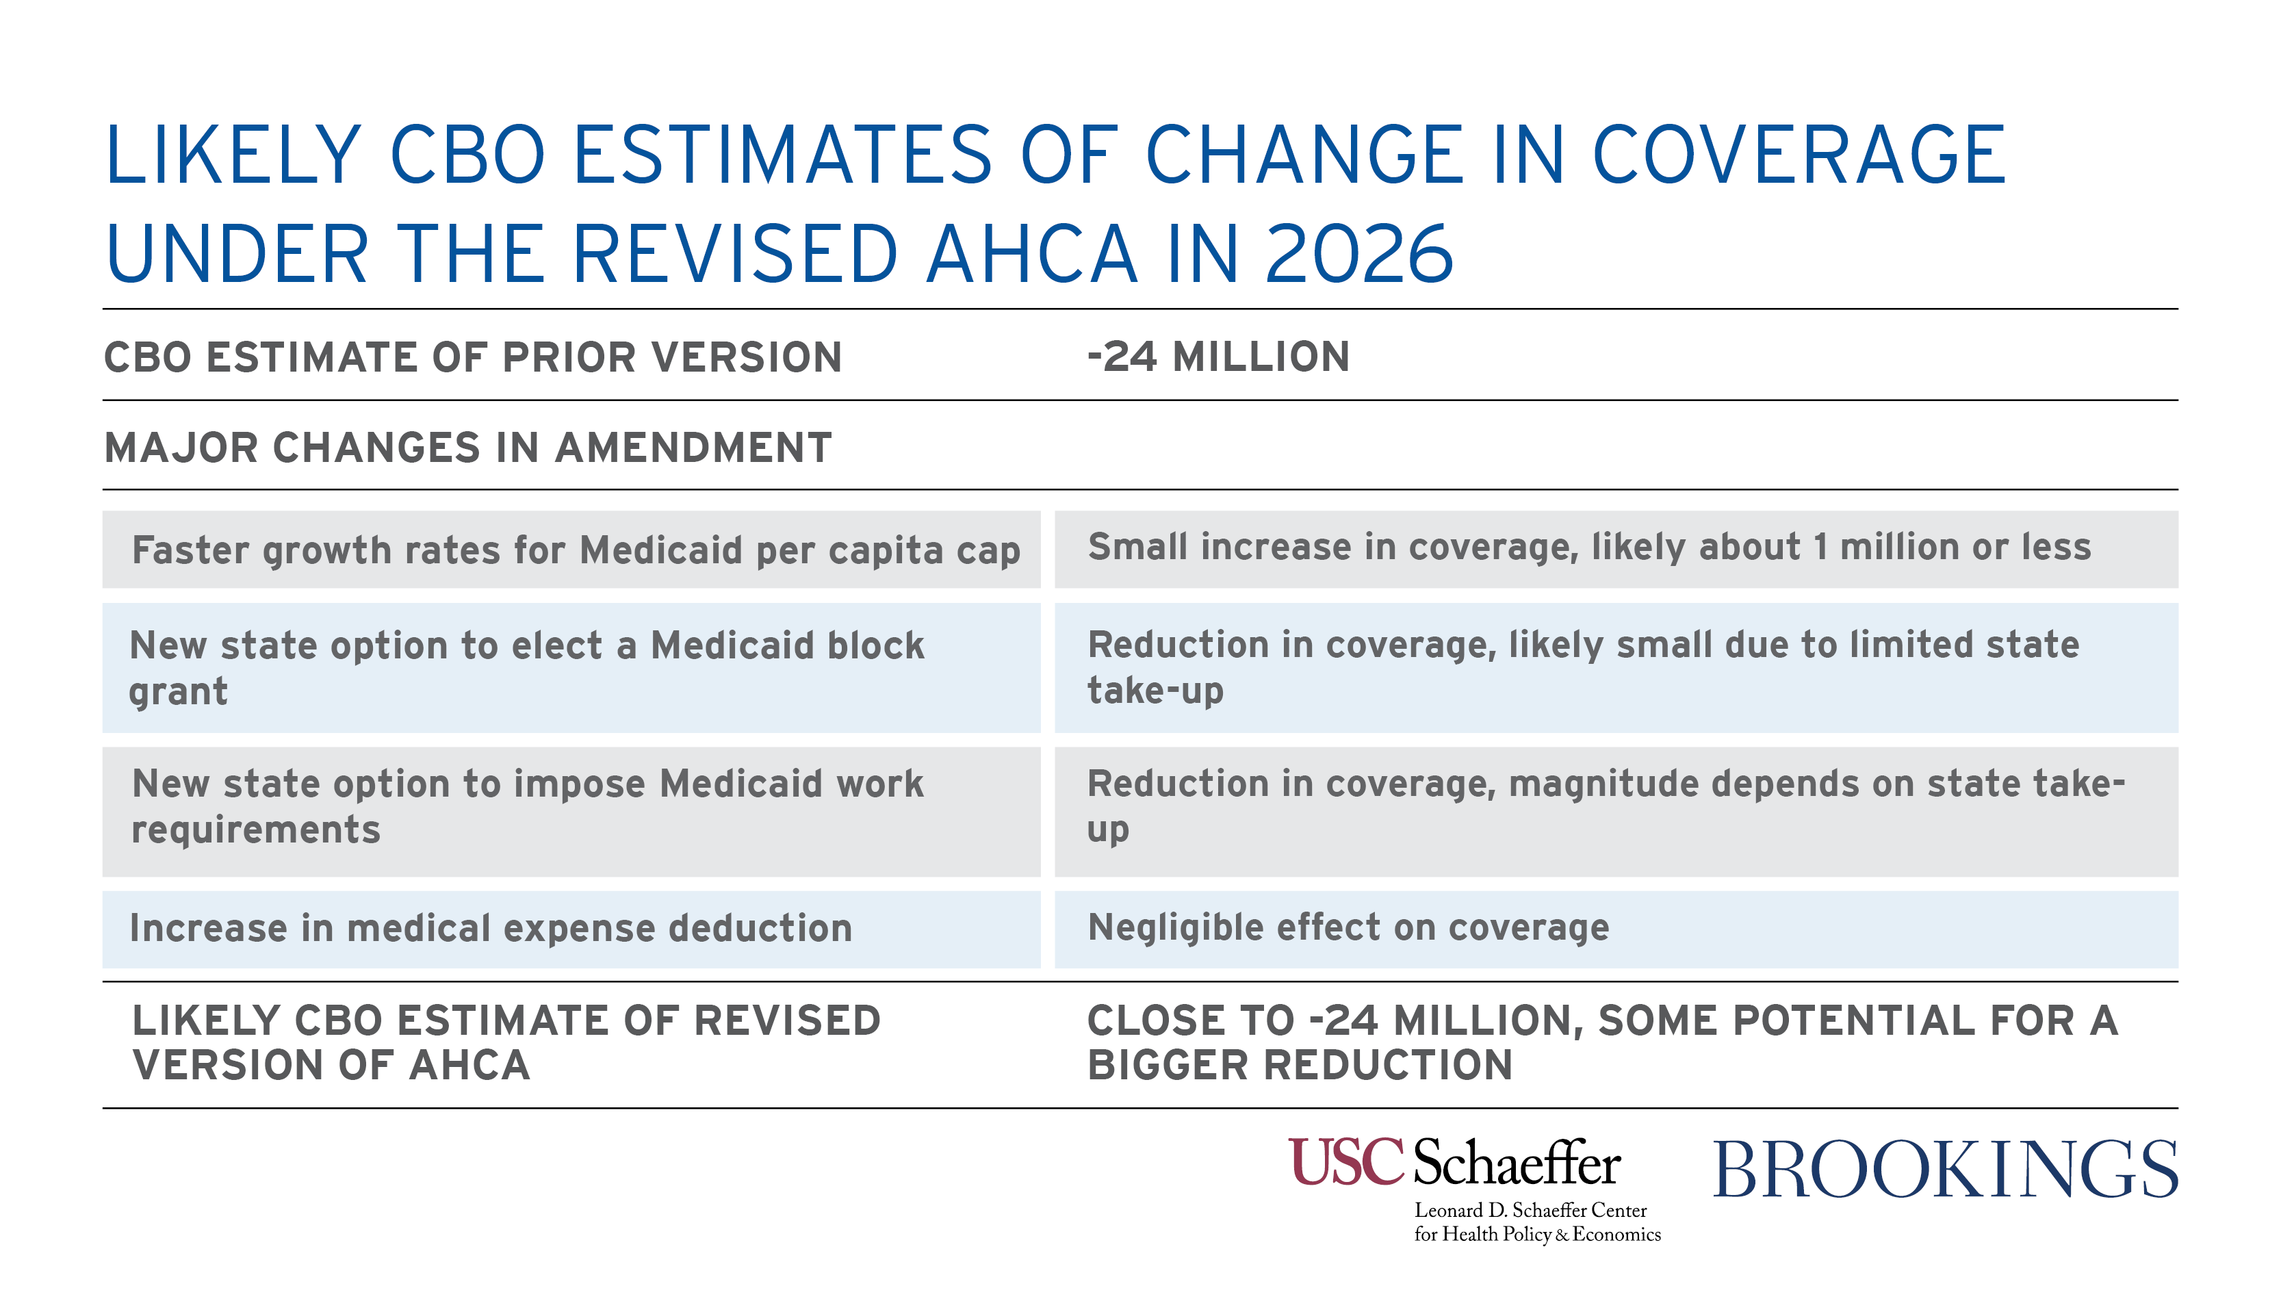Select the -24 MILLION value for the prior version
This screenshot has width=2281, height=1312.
tap(1218, 357)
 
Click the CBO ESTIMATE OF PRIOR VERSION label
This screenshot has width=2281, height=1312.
tap(473, 357)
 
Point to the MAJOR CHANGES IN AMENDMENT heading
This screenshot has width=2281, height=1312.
tap(467, 448)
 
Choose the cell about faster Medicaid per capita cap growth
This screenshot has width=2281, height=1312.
tap(571, 550)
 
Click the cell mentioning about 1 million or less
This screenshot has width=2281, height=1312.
tap(1616, 550)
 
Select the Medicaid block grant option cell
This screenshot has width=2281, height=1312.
tap(571, 668)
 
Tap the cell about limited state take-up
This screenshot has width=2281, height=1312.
tap(1616, 668)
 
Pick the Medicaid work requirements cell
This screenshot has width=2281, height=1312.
tap(571, 812)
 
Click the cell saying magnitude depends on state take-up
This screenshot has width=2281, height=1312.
tap(1616, 812)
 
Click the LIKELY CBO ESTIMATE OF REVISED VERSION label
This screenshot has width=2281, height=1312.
tap(506, 1042)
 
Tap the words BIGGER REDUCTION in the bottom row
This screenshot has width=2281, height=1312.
tap(1300, 1065)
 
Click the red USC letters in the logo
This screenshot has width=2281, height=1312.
tap(1347, 1161)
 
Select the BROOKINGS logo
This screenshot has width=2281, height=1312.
tap(1945, 1170)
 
